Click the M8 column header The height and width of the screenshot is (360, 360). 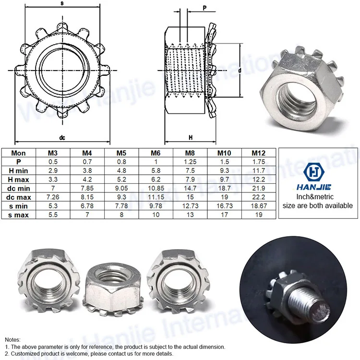[190, 153]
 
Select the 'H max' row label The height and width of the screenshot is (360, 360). [20, 179]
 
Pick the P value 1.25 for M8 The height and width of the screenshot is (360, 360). [190, 162]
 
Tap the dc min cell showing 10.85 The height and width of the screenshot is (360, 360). [156, 188]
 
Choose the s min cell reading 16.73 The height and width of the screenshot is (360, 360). [224, 206]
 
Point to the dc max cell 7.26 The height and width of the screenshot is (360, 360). [53, 197]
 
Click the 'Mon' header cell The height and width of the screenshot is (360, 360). [20, 153]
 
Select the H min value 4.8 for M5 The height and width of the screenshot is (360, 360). [121, 170]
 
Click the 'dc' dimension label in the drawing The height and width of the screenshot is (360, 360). [62, 137]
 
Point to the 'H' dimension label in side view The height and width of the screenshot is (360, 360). [191, 137]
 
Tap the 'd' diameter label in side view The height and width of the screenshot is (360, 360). [239, 71]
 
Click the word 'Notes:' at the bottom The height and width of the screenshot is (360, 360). [13, 339]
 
